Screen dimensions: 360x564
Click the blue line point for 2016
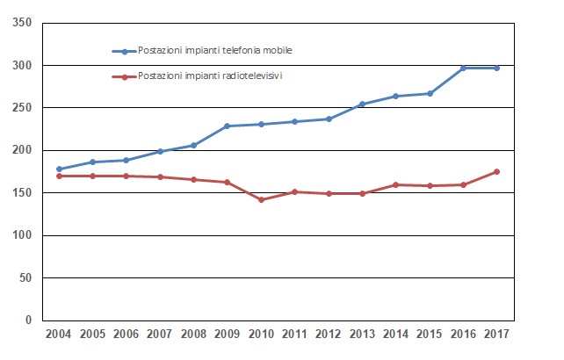coord(464,68)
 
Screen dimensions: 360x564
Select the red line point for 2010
coord(261,199)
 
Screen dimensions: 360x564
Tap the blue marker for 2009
coord(228,126)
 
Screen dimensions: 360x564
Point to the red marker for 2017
coord(497,171)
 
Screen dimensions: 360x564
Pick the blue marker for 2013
coord(363,104)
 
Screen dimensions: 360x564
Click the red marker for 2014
coord(396,184)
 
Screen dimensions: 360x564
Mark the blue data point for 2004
coord(59,169)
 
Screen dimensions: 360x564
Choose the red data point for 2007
coord(160,176)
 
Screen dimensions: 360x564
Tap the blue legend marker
coord(125,51)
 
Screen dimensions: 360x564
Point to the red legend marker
coord(125,77)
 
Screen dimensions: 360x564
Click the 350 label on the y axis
coord(23,22)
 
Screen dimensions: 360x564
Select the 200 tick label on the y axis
coord(23,150)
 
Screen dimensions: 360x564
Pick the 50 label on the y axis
coord(26,277)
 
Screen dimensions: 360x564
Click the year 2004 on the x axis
coord(59,335)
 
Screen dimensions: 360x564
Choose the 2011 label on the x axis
coord(295,335)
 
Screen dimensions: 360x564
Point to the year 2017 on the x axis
coord(497,335)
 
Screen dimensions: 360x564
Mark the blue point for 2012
coord(329,119)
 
